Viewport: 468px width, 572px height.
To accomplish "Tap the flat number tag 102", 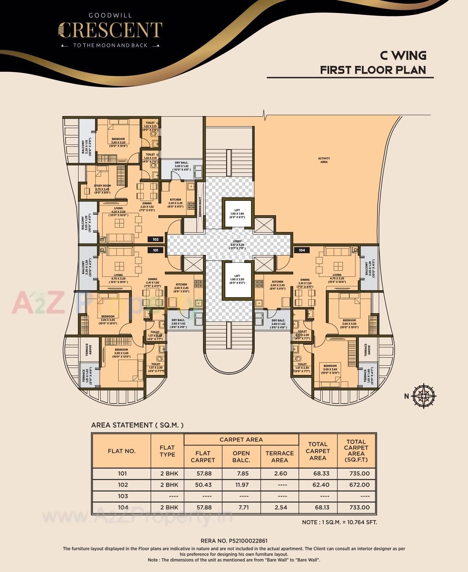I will pos(156,239).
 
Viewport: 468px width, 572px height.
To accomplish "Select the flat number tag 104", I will pos(302,250).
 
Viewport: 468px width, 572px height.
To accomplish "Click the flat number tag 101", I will pos(156,250).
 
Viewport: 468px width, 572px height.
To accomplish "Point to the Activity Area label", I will pos(324,160).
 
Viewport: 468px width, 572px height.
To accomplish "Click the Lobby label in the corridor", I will pos(237,244).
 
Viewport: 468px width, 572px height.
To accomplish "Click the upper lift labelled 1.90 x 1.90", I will pos(237,213).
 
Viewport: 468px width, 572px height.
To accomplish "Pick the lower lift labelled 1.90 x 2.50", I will pos(237,280).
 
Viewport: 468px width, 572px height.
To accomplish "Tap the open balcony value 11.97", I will pos(241,485).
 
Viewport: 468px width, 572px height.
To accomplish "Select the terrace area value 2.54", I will pos(280,508).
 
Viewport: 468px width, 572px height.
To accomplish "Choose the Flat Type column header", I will pos(167,451).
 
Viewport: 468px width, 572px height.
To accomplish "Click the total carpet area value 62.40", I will pos(318,485).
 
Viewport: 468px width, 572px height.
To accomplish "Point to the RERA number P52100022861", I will pos(234,541).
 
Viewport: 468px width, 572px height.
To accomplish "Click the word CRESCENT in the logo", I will pos(110,31).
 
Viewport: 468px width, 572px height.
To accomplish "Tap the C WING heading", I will pos(403,56).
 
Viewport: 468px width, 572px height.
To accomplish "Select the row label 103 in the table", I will pos(122,496).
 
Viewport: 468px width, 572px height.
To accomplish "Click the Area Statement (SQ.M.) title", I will pos(137,425).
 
